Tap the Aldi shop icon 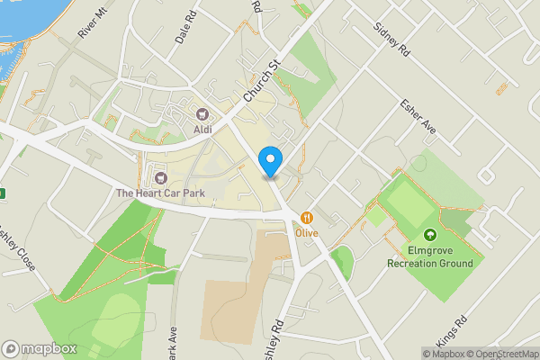(x=202, y=114)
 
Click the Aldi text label (x=202, y=130)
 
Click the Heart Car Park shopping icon (x=162, y=175)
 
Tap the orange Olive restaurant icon (x=308, y=217)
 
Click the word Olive (x=308, y=232)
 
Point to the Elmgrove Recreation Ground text (x=429, y=256)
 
